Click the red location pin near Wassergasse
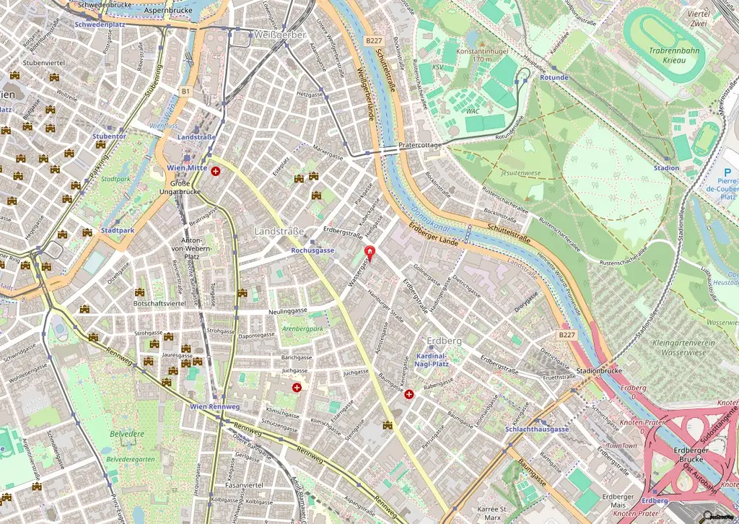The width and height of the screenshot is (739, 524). [371, 253]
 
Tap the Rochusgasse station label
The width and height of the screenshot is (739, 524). [312, 250]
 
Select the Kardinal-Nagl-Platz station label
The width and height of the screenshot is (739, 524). [433, 361]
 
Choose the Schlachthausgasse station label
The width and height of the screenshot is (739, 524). [537, 429]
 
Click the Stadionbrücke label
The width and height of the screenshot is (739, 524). [599, 371]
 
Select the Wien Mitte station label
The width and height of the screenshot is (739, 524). [187, 167]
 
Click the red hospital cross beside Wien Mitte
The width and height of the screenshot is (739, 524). [215, 171]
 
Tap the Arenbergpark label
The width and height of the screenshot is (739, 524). [302, 328]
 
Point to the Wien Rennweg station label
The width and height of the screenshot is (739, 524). [214, 406]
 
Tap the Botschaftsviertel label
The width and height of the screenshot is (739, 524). [160, 304]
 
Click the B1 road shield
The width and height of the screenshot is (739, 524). [185, 92]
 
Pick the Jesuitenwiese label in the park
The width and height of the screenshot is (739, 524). [520, 173]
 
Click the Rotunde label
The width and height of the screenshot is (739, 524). [554, 77]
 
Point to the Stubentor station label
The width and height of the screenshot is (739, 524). [110, 136]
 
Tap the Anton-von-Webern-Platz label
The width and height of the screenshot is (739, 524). [191, 248]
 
